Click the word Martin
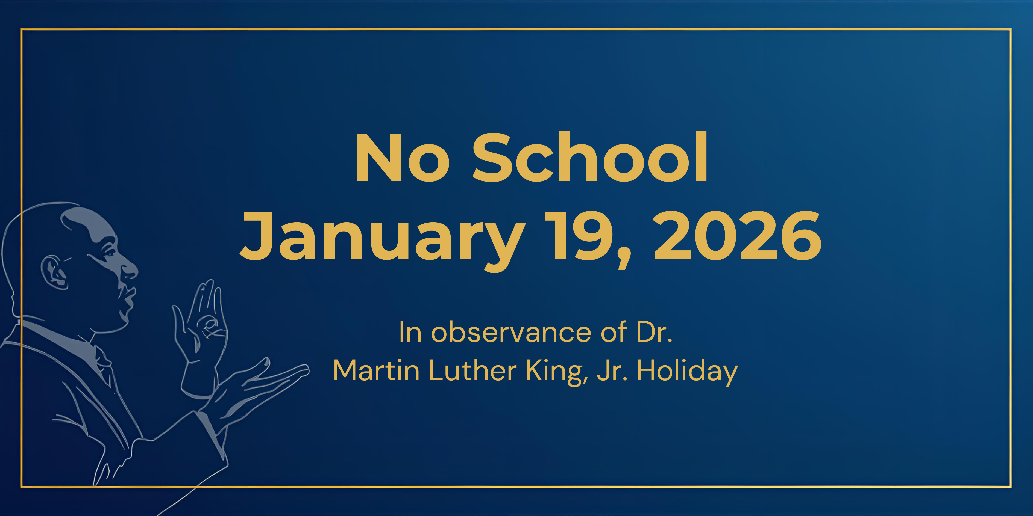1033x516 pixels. pyautogui.click(x=376, y=370)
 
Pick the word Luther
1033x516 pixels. pyautogui.click(x=473, y=370)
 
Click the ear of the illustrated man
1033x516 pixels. pyautogui.click(x=54, y=272)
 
